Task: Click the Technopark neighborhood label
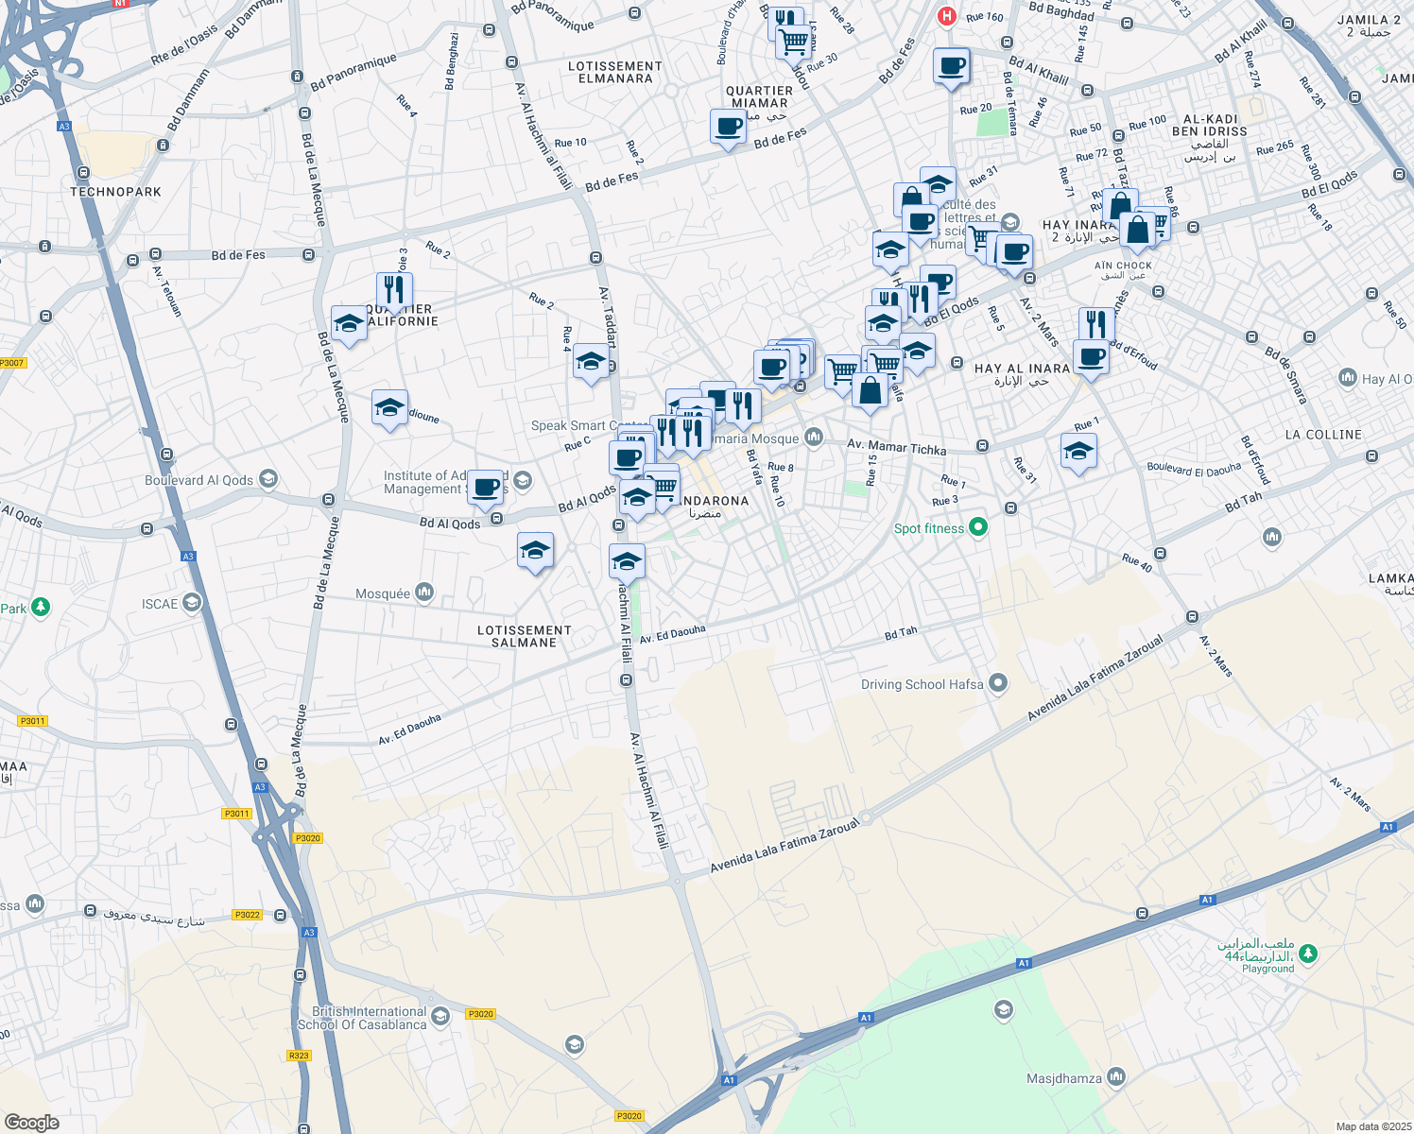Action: coord(115,192)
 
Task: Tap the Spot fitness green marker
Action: coord(978,528)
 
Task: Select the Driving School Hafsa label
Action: coord(922,684)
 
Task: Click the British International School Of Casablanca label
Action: coord(362,1018)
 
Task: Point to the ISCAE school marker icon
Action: coord(192,603)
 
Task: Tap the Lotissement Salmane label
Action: coord(524,636)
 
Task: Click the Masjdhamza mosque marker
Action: coord(1116,1077)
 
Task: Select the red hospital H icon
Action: coord(946,16)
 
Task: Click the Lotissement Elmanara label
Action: coord(615,72)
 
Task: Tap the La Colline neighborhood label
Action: coord(1323,435)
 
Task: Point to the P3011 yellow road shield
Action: coord(32,721)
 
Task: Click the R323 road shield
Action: coord(299,1056)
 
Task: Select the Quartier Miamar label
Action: coord(759,97)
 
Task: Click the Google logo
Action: coord(32,1122)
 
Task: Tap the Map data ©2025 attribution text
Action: coord(1372,1126)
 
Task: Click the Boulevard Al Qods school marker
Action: coord(267,479)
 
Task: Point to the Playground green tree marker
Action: coord(1308,954)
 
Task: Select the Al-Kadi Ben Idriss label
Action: coord(1209,126)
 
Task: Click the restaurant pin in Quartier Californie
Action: coord(393,289)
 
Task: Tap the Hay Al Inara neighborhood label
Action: coord(1022,369)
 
